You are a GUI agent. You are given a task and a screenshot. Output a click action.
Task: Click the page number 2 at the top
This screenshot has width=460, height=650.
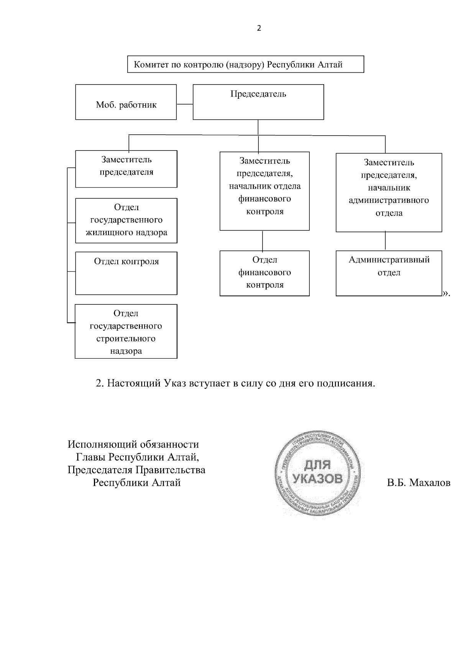click(259, 28)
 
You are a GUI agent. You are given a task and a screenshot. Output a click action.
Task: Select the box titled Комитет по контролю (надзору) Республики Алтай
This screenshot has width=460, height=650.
click(245, 64)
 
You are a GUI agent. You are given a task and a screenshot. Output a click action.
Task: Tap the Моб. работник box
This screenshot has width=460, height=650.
click(126, 102)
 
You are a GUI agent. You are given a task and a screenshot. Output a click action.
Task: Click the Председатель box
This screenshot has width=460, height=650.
click(258, 102)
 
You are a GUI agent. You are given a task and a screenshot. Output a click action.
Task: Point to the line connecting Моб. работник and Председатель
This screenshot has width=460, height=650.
click(184, 104)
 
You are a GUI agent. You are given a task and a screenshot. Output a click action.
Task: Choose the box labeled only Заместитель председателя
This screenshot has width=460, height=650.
click(126, 168)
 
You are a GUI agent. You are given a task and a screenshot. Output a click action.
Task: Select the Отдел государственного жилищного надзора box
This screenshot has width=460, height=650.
click(126, 220)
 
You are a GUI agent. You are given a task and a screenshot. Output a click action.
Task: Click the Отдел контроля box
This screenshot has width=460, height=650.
click(126, 273)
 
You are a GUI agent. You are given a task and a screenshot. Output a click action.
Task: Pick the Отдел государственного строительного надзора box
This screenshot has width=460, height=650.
click(126, 332)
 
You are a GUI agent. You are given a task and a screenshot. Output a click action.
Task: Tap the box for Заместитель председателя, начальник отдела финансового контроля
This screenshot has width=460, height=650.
click(264, 191)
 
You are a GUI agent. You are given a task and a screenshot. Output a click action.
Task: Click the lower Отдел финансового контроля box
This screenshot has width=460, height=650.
click(264, 273)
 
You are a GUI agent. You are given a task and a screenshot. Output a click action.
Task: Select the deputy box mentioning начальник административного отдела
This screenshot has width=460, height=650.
click(389, 192)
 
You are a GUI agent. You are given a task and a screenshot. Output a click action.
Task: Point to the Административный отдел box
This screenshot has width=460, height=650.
click(389, 273)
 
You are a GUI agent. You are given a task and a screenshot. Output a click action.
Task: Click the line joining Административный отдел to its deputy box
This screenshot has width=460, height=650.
click(385, 241)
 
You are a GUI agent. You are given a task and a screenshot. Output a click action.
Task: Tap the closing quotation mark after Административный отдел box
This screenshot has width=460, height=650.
click(446, 294)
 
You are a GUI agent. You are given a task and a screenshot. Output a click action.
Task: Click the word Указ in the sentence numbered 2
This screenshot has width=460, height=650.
click(175, 383)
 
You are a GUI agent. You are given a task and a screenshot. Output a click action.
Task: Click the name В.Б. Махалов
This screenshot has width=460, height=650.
click(419, 483)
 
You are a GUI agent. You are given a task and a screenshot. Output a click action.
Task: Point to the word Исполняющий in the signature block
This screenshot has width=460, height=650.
click(100, 444)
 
